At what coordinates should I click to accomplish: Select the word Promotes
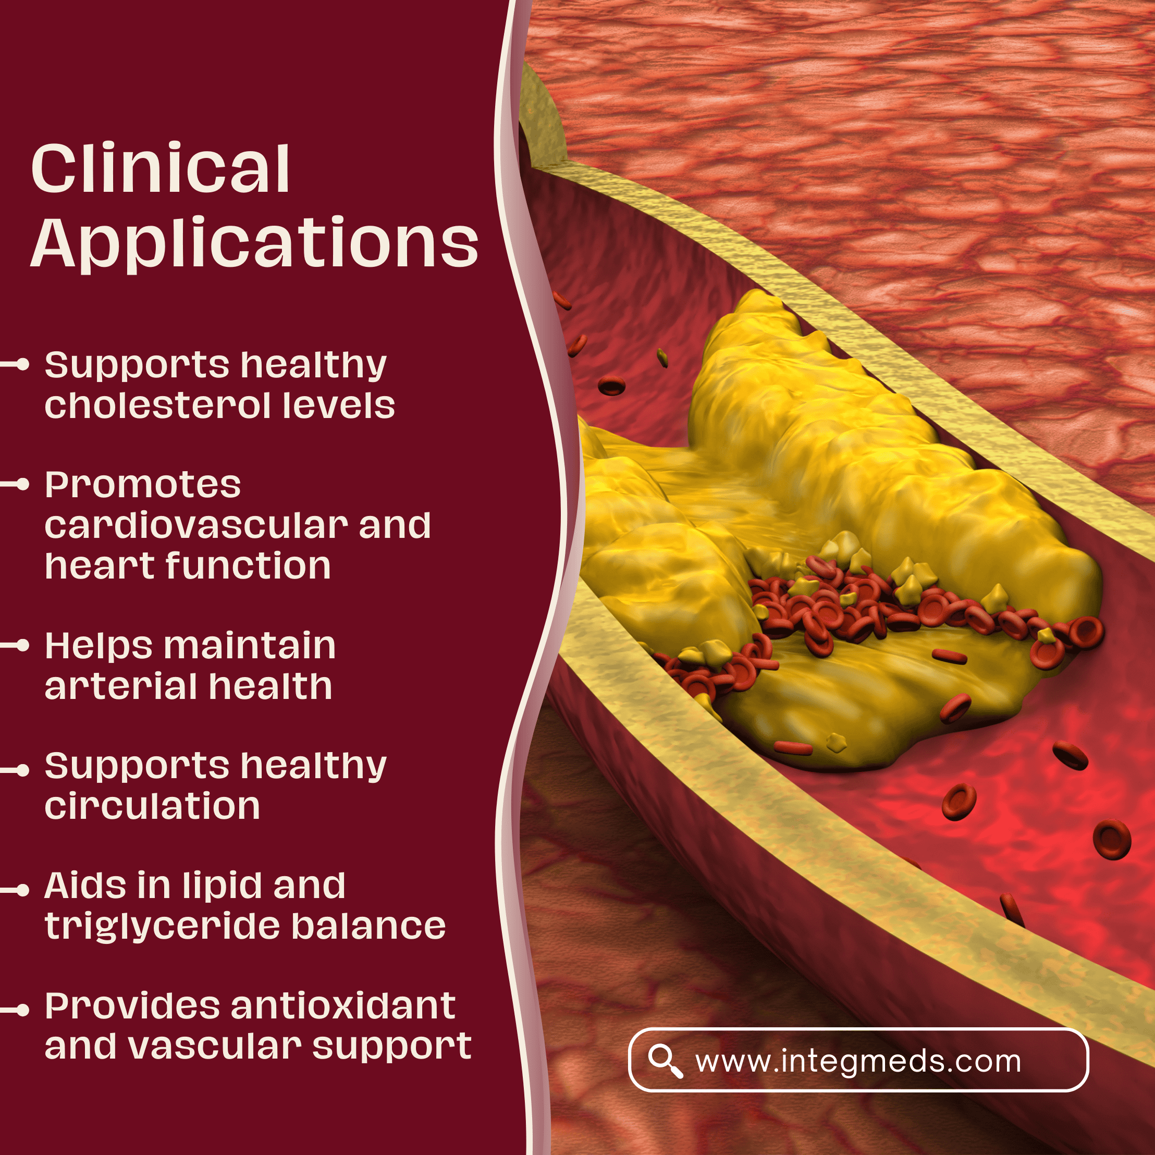pos(143,484)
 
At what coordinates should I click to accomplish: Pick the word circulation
pos(152,806)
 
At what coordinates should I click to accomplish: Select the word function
pos(248,566)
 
